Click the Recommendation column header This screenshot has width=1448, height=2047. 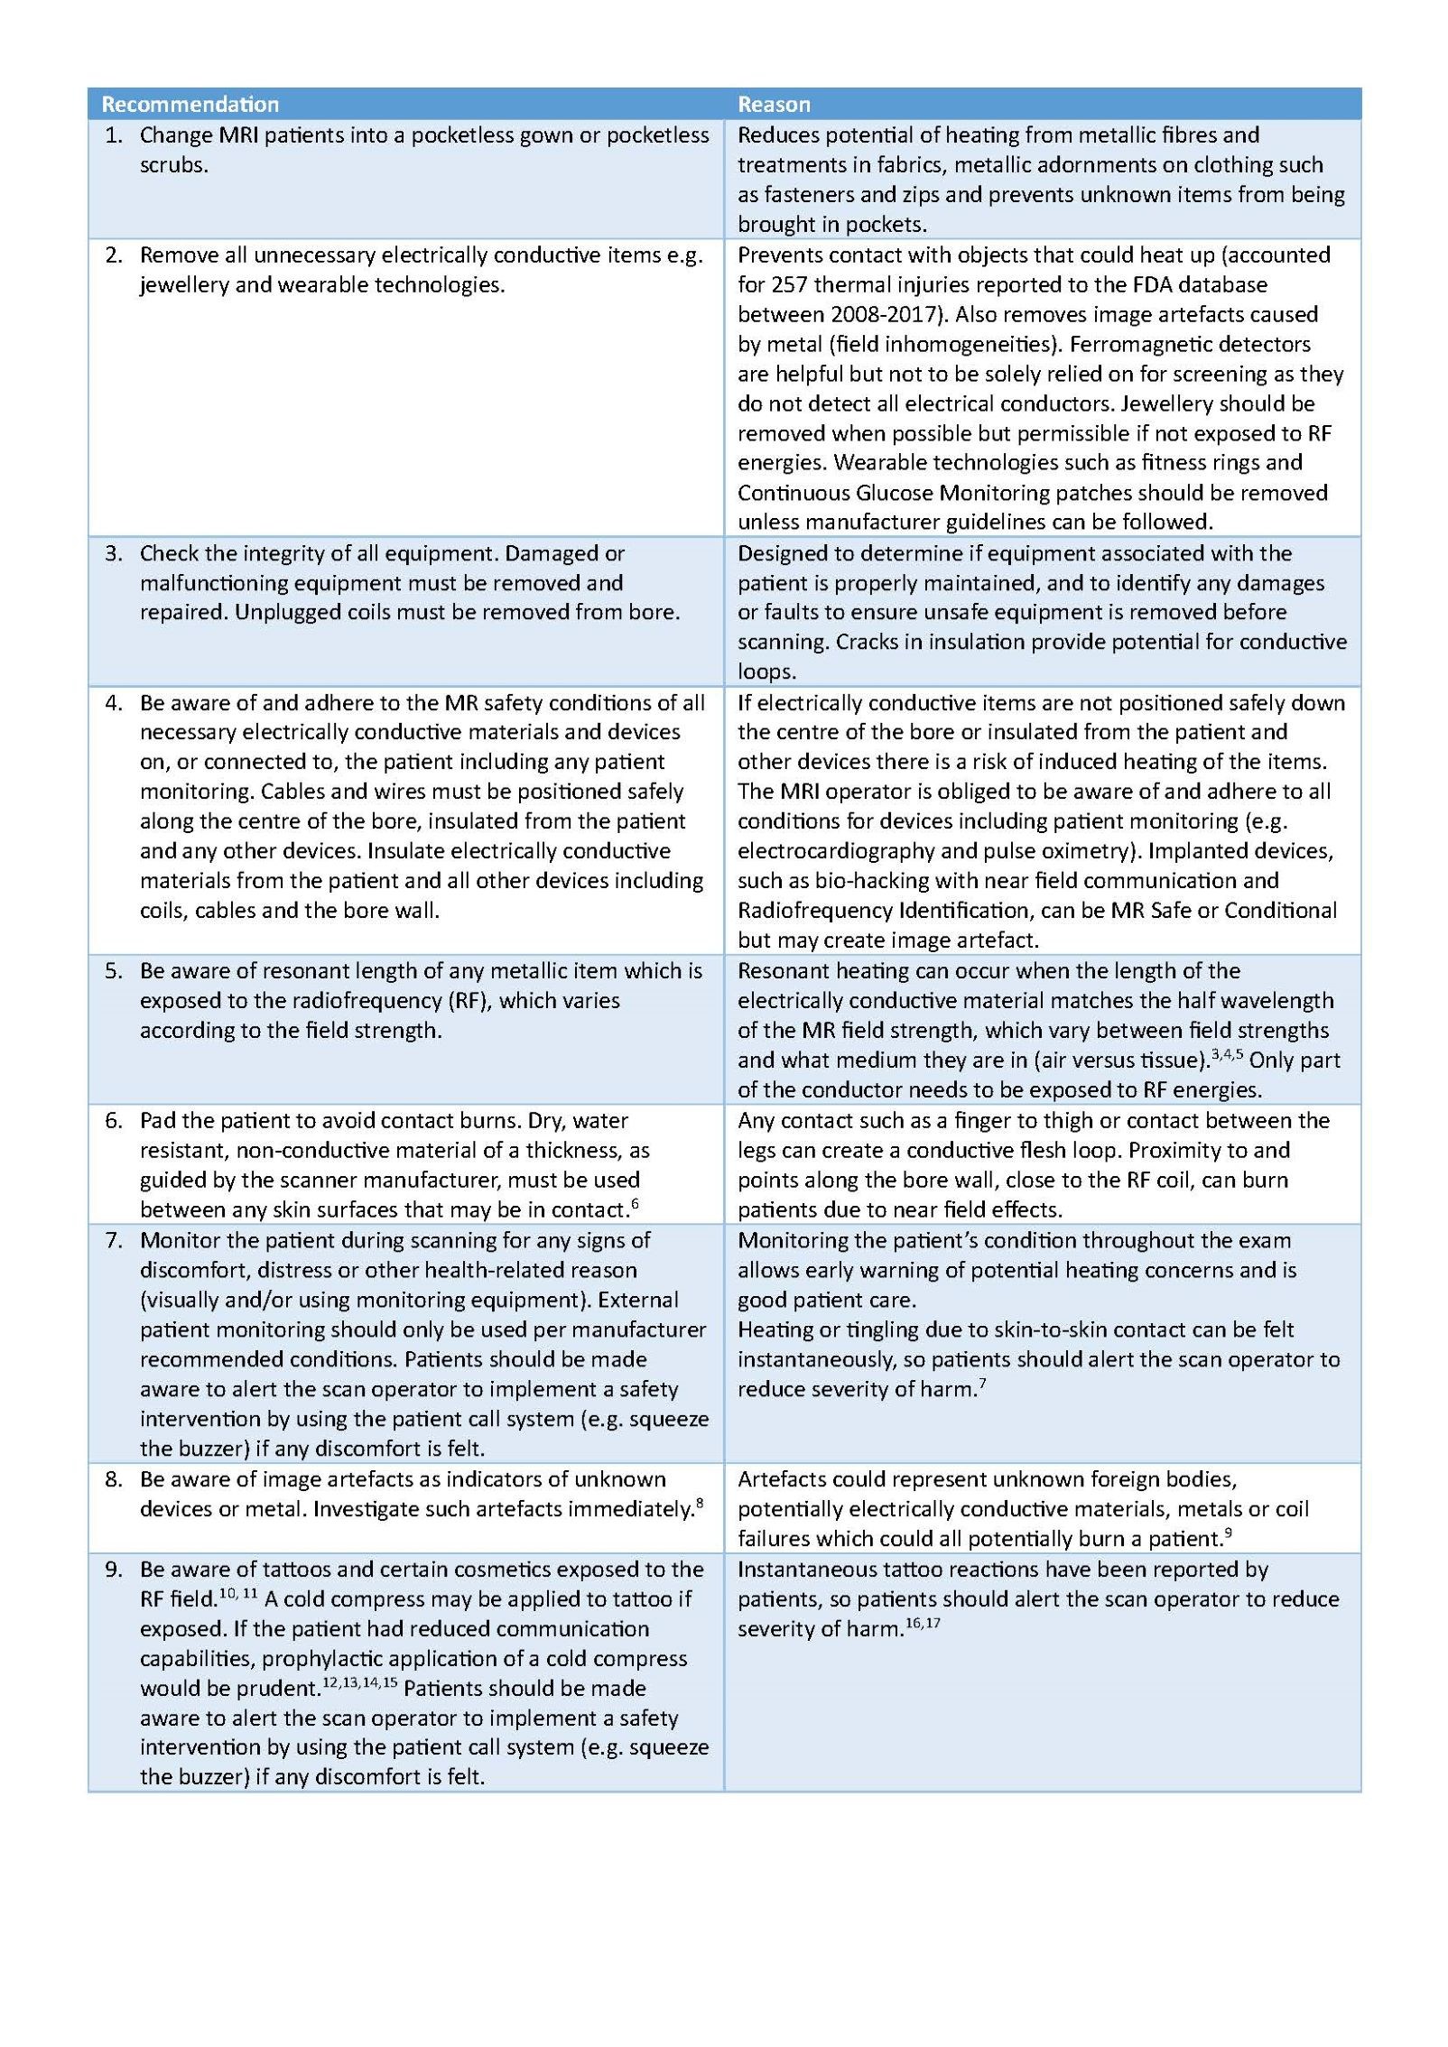pyautogui.click(x=190, y=104)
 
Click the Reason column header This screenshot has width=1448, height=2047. pyautogui.click(x=774, y=104)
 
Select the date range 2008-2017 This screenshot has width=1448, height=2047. pyautogui.click(x=875, y=314)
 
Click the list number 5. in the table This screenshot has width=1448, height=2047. pyautogui.click(x=114, y=970)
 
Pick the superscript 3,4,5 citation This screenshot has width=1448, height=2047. pyautogui.click(x=1227, y=1054)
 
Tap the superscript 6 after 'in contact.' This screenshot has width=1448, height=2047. pyautogui.click(x=636, y=1204)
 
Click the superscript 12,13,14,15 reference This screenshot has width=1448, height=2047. pyautogui.click(x=359, y=1682)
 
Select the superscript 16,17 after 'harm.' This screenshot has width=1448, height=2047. pyautogui.click(x=923, y=1623)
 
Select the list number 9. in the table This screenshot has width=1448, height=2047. pyautogui.click(x=114, y=1569)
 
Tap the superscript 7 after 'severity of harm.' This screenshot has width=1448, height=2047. pyautogui.click(x=982, y=1384)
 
